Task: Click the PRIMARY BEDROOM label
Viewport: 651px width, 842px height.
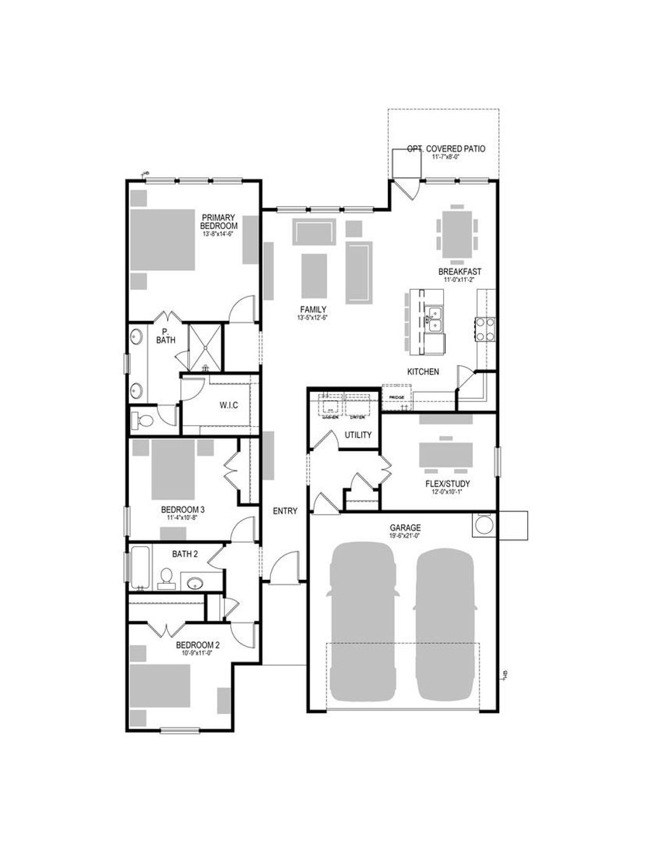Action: tap(219, 222)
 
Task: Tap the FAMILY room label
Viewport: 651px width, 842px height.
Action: tap(313, 310)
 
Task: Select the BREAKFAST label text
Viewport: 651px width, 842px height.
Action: tap(460, 272)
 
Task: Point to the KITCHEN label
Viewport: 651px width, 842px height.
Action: tap(423, 371)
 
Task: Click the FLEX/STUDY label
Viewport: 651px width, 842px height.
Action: tap(448, 483)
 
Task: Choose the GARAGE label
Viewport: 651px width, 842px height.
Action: tap(405, 528)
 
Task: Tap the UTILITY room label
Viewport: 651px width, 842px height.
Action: tap(358, 435)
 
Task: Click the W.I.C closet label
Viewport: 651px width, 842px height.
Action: tap(229, 405)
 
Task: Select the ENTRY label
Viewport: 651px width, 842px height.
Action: tap(285, 511)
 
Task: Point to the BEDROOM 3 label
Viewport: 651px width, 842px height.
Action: tap(182, 509)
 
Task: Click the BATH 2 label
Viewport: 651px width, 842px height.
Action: tap(184, 554)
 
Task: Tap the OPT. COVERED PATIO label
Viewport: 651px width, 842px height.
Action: tap(446, 149)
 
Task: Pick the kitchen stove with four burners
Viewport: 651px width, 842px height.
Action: tap(485, 329)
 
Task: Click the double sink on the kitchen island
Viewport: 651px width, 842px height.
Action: tap(435, 319)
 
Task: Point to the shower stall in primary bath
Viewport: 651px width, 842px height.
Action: tap(205, 347)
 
